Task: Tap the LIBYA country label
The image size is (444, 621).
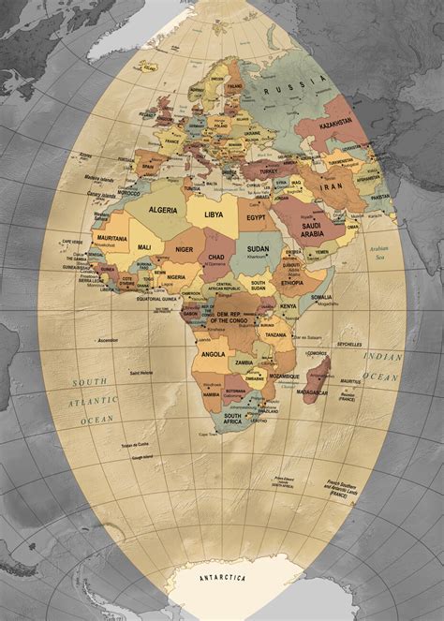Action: coord(214,214)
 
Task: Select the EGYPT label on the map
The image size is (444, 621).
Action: coord(257,217)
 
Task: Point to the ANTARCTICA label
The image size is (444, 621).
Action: coord(223,578)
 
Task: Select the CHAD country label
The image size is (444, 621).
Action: coord(216,257)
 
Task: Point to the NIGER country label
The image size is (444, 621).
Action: coord(185,249)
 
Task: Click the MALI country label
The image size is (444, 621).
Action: coord(144,246)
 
